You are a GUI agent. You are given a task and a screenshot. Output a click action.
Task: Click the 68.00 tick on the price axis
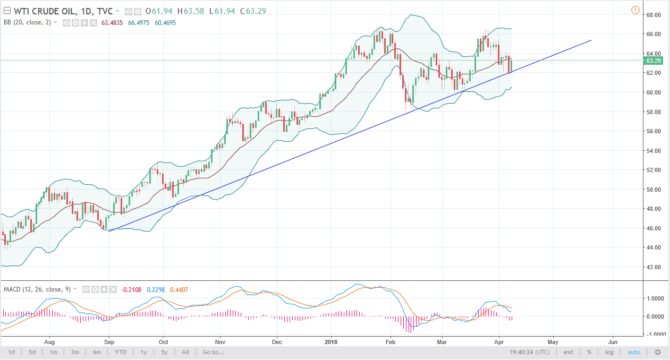(653, 15)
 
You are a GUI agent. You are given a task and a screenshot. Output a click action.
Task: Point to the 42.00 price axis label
(653, 267)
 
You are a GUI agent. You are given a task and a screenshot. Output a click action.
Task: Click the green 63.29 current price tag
(652, 61)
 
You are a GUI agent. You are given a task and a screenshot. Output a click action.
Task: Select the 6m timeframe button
(97, 352)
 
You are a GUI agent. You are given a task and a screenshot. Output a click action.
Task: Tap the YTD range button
(121, 352)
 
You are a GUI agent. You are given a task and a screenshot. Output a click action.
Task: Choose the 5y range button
(165, 352)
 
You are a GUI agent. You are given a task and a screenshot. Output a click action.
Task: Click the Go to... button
(213, 352)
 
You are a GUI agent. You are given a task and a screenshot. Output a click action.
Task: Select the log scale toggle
(609, 352)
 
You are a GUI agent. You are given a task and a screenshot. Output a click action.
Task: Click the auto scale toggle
(634, 352)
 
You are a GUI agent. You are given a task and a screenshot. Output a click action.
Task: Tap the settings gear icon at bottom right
(658, 352)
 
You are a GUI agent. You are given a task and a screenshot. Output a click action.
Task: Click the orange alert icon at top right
(635, 10)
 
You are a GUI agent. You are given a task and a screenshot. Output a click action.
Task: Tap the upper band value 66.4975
(139, 23)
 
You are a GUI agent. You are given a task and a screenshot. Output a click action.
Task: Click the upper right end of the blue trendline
(591, 40)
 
